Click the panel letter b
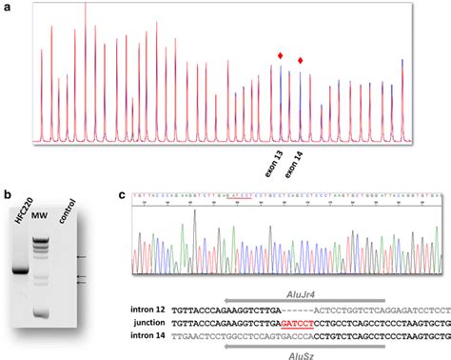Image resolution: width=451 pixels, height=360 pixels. (x=9, y=196)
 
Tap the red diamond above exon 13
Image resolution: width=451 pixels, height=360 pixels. (x=280, y=56)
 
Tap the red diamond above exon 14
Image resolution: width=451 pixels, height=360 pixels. (x=301, y=62)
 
